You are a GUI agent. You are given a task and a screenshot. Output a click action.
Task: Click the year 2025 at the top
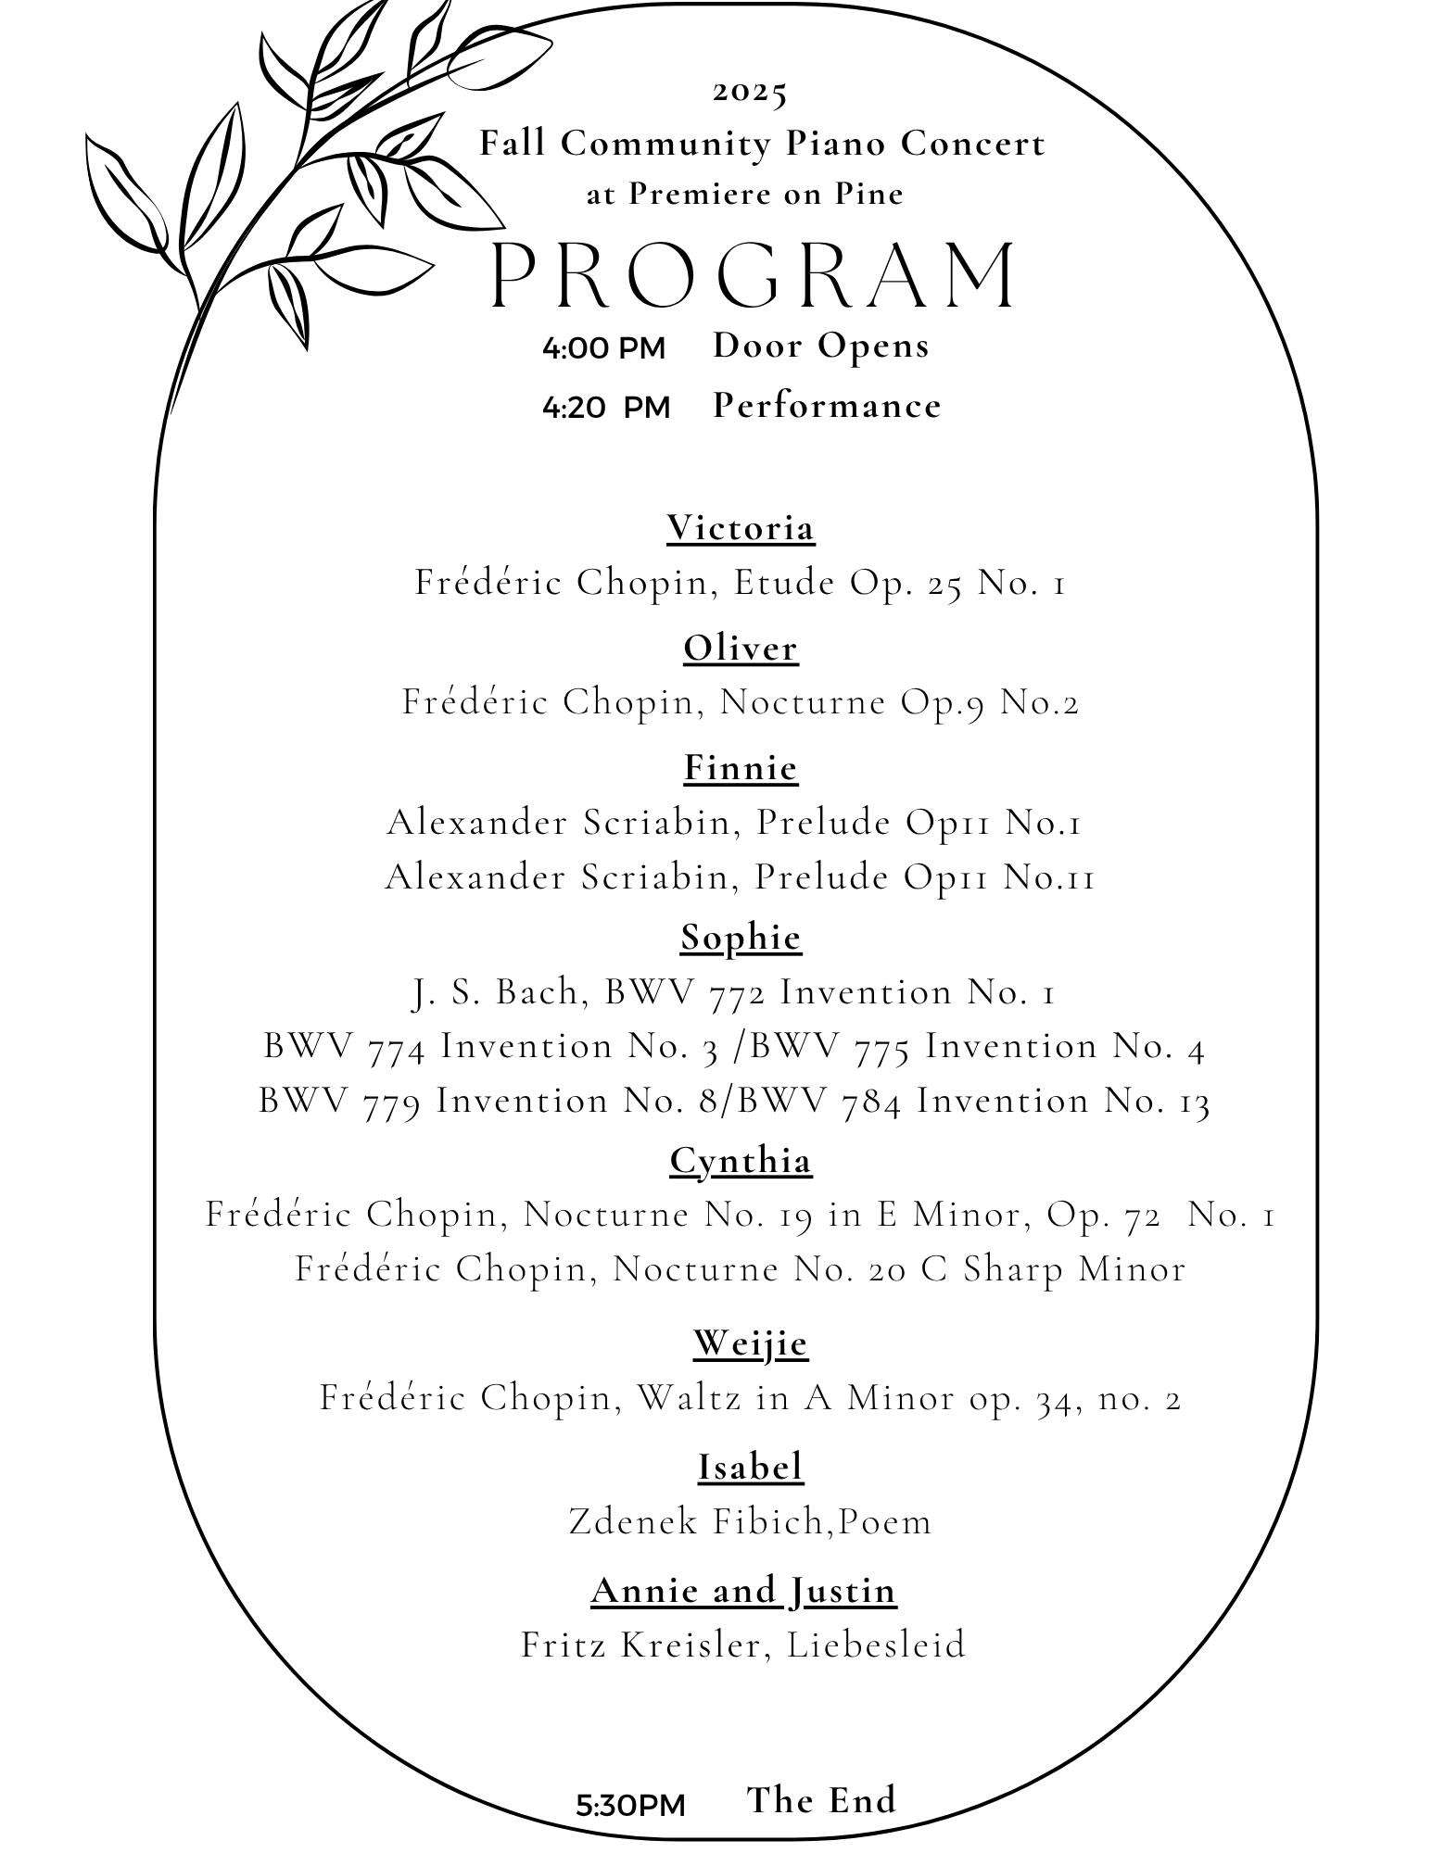click(750, 92)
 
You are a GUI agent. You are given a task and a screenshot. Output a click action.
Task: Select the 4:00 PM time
click(603, 348)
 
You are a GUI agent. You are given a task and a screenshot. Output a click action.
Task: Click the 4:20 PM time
click(605, 407)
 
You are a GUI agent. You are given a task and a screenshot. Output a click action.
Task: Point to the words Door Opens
click(820, 346)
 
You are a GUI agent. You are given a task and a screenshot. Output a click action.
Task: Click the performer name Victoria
click(741, 528)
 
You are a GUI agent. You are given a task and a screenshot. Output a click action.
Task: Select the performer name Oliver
click(741, 648)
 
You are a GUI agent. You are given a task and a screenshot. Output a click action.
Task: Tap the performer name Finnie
click(741, 767)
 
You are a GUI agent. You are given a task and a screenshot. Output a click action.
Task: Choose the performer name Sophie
click(741, 938)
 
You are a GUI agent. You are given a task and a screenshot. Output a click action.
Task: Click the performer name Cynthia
click(741, 1160)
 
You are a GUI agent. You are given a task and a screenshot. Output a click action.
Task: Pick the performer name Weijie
click(750, 1342)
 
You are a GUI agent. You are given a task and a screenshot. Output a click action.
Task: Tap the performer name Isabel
click(750, 1467)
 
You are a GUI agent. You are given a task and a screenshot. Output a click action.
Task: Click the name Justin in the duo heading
click(843, 1590)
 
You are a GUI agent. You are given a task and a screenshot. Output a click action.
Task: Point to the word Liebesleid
click(876, 1645)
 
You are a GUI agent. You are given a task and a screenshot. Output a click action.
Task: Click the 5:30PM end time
click(630, 1805)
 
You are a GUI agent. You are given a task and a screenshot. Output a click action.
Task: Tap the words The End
click(821, 1799)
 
